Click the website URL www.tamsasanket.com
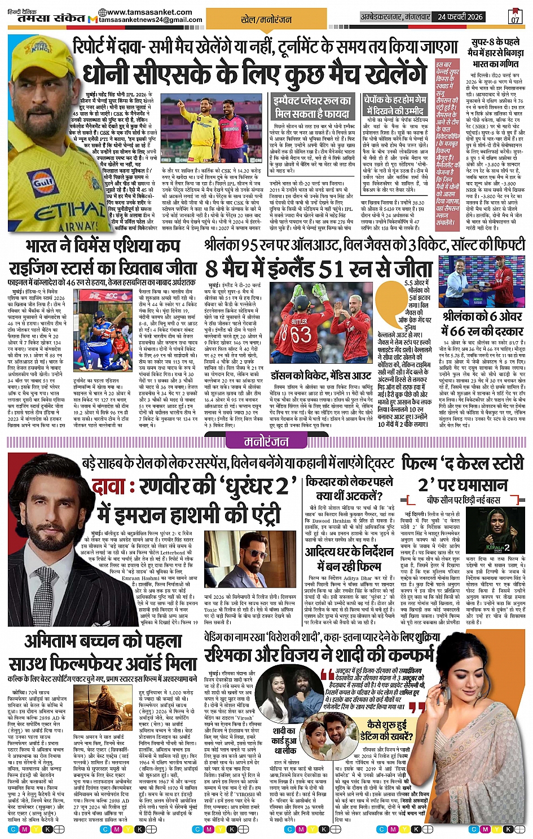(149, 12)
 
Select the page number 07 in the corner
(515, 17)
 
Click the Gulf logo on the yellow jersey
(43, 183)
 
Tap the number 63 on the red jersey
(301, 334)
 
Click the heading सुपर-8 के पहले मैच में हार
(496, 52)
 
